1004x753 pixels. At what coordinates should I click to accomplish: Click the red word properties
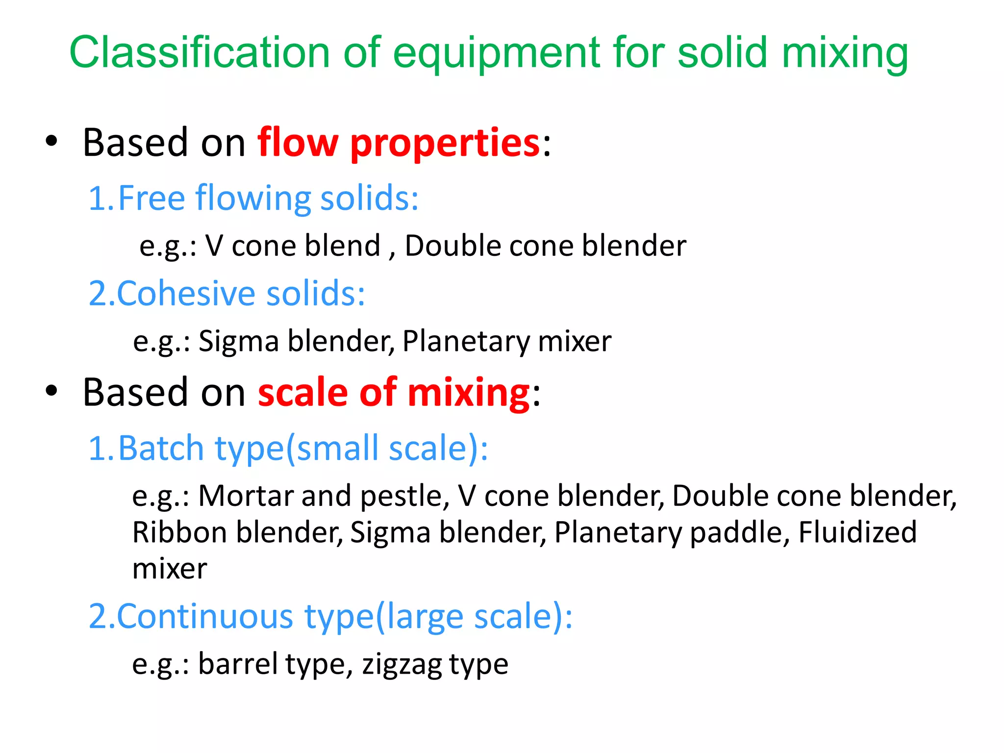[x=445, y=143]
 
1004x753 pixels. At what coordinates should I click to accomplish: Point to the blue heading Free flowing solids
[x=253, y=198]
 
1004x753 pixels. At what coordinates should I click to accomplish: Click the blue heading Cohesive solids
[x=226, y=293]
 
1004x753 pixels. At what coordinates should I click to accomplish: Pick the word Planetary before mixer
[x=465, y=341]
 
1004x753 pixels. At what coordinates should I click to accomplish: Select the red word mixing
[x=468, y=393]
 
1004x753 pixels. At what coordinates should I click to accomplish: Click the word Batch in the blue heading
[x=161, y=448]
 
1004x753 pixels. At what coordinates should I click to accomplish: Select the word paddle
[x=739, y=533]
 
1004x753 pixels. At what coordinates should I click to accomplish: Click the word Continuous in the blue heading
[x=205, y=616]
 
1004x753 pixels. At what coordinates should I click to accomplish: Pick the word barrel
[x=238, y=664]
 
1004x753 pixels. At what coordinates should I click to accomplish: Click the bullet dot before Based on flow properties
[x=51, y=142]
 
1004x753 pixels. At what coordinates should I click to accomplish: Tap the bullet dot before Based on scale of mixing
[x=51, y=391]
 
